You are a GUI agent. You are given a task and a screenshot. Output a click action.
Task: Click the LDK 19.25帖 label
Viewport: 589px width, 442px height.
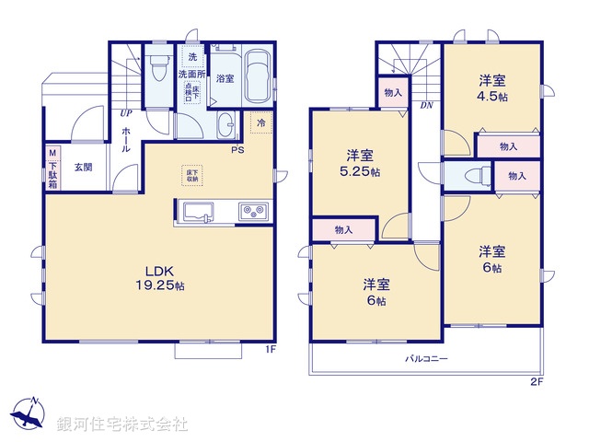[x=162, y=278]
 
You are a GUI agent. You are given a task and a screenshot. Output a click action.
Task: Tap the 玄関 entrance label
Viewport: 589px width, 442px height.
[x=84, y=168]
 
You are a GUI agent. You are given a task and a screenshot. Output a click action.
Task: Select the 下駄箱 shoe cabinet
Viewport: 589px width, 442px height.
[x=52, y=169]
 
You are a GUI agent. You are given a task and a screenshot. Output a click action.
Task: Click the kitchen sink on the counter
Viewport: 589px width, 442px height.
[x=196, y=213]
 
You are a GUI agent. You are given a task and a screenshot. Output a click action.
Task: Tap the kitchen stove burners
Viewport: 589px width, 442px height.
[x=252, y=213]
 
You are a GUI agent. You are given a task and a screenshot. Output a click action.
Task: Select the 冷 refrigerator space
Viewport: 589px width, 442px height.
[x=261, y=122]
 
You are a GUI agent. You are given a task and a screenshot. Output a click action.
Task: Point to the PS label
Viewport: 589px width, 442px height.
[x=237, y=150]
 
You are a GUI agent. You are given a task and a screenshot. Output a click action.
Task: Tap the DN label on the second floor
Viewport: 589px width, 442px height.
[x=426, y=106]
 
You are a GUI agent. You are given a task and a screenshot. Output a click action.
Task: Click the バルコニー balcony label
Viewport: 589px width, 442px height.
[x=426, y=359]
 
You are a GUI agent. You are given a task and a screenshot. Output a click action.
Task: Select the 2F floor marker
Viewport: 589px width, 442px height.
[x=536, y=381]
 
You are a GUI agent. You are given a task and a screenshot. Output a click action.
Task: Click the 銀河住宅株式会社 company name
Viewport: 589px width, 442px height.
[x=121, y=425]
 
